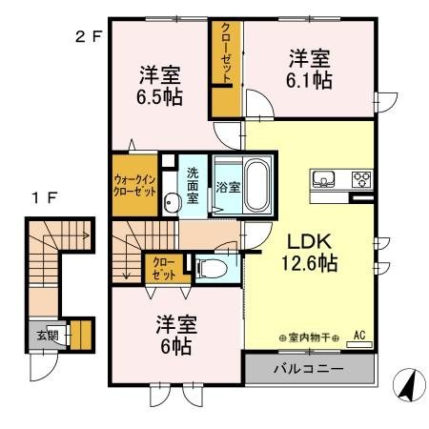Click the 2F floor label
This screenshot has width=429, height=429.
click(x=87, y=39)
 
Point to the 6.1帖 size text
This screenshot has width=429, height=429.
click(x=311, y=81)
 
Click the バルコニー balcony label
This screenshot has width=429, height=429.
click(x=309, y=366)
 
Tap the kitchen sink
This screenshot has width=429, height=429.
click(x=323, y=178)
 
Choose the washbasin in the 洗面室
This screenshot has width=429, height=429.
click(x=173, y=202)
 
